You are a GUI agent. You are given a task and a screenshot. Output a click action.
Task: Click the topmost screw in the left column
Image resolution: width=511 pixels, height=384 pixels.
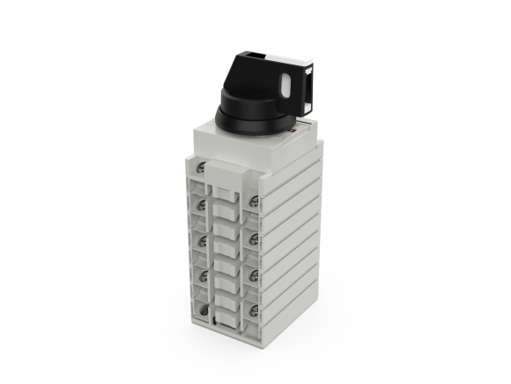203,167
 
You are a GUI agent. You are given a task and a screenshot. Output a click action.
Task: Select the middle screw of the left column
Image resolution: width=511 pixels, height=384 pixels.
203,240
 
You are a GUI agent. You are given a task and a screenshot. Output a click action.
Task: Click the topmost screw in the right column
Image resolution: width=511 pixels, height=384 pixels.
254,202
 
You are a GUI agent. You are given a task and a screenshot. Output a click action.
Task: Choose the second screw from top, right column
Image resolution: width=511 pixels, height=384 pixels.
254,238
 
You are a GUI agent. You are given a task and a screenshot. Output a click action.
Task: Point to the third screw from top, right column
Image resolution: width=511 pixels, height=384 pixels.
254,274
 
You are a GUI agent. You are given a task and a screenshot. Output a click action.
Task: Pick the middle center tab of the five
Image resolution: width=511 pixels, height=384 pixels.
228,263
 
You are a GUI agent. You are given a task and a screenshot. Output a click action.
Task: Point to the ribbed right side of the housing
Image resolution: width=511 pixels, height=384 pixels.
295,230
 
